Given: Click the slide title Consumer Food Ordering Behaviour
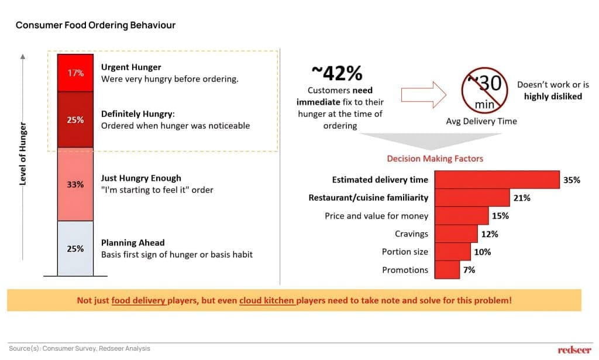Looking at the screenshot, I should [95, 25].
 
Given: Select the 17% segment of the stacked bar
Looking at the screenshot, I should [75, 73].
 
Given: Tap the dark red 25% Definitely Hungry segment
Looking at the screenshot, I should [75, 119].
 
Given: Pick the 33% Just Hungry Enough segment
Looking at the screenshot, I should [75, 184].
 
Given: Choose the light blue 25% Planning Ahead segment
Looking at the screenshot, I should [75, 248].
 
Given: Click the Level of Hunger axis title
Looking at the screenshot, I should [23, 153].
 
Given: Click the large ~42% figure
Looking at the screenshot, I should [336, 73].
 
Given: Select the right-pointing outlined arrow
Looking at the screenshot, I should [420, 94].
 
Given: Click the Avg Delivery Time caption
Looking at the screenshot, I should [481, 121].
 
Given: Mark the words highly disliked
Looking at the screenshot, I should [553, 96].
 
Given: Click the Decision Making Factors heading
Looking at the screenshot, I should [435, 159].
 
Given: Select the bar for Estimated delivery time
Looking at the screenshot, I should [497, 180].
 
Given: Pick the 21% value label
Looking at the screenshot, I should [522, 198].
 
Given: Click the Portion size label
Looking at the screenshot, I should [405, 252].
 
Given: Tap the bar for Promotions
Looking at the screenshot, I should [447, 270].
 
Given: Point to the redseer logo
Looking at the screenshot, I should [574, 349].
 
